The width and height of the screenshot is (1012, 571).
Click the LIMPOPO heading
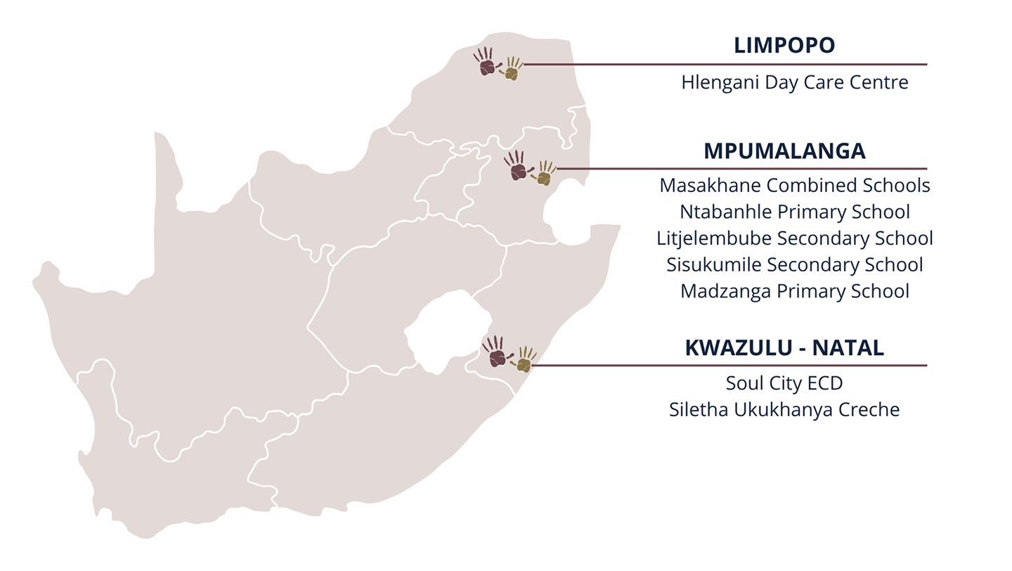784,46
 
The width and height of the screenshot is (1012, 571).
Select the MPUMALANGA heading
784,151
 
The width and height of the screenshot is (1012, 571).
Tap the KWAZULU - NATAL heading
784,348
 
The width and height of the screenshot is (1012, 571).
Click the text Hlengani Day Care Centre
794,82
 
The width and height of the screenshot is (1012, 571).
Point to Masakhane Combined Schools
794,186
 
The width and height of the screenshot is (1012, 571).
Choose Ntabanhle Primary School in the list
794,212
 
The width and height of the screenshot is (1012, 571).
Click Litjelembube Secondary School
794,238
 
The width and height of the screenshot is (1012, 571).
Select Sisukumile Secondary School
794,265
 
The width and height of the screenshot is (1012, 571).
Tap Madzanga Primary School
794,291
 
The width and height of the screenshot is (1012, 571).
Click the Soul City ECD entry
784,383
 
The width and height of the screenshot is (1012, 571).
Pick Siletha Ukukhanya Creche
784,410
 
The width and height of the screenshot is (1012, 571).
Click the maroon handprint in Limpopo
485,63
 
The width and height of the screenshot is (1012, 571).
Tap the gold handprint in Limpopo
512,69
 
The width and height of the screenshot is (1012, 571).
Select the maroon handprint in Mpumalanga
517,167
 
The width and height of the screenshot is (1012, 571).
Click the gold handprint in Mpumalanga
544,174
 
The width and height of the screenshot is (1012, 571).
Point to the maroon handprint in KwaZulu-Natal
495,352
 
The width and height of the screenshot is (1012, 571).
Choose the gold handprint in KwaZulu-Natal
524,359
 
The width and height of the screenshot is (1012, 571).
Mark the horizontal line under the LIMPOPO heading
724,64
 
